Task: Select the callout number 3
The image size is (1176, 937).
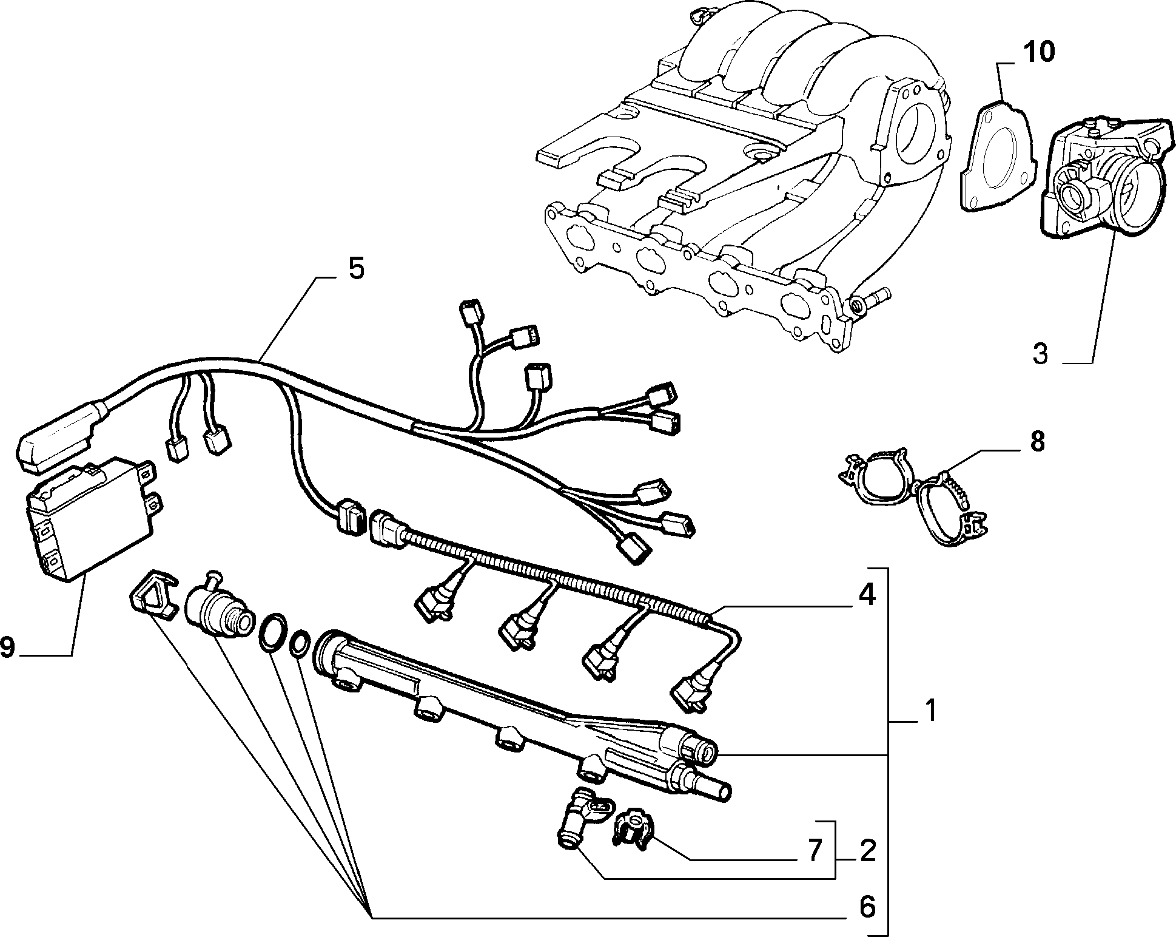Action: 1040,353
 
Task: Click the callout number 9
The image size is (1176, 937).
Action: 8,648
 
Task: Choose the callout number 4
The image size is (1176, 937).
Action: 867,595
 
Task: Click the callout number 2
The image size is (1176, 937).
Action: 868,851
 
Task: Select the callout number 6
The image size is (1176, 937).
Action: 868,907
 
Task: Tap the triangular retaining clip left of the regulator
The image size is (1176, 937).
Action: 152,595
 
